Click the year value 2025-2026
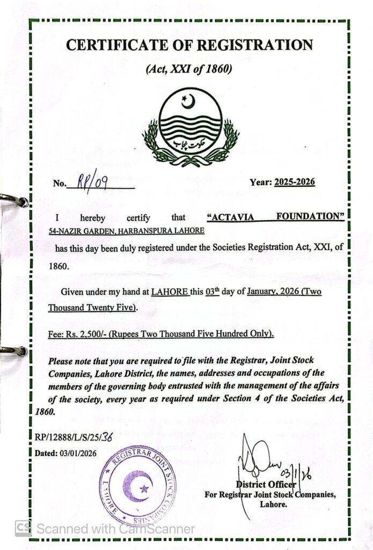[294, 182]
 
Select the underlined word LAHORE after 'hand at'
[170, 292]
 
